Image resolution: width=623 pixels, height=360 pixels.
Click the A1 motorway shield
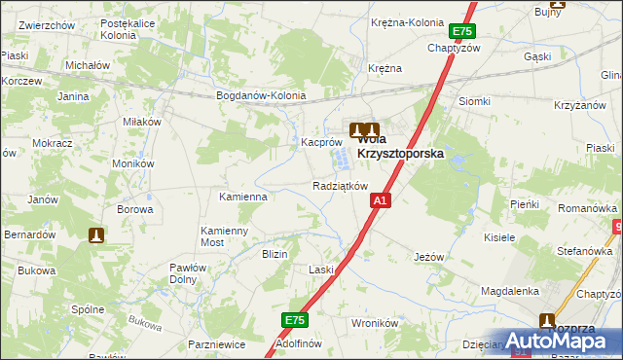click(x=381, y=200)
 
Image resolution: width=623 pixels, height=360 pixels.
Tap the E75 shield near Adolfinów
click(x=295, y=320)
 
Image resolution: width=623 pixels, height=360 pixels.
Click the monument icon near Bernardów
click(x=95, y=234)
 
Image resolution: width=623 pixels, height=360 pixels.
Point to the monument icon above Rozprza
click(x=547, y=320)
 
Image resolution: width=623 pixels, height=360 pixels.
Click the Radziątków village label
click(x=340, y=186)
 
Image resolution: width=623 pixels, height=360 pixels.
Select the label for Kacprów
click(x=319, y=142)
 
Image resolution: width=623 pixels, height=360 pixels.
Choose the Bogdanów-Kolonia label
click(x=261, y=96)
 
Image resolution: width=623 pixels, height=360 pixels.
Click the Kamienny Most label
click(x=225, y=236)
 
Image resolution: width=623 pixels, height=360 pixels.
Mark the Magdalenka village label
click(x=510, y=291)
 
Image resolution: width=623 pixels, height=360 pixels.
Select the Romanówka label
click(x=587, y=209)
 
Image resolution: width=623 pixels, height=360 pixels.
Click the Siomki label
click(x=474, y=101)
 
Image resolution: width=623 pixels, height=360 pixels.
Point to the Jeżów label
click(x=428, y=257)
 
